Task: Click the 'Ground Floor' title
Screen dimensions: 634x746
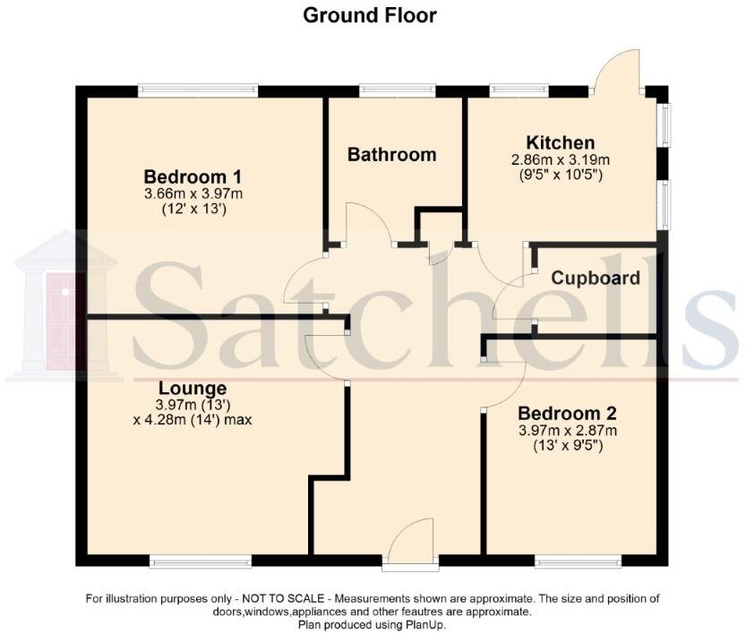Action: click(x=370, y=15)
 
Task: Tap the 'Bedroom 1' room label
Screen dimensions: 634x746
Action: click(x=193, y=176)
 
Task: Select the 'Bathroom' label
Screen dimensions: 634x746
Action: click(x=391, y=155)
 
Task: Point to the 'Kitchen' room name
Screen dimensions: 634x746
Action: click(x=560, y=143)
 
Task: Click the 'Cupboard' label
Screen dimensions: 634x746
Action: click(x=596, y=278)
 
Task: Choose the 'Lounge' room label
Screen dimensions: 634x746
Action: click(x=193, y=389)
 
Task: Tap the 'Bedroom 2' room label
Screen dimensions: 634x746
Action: click(x=568, y=414)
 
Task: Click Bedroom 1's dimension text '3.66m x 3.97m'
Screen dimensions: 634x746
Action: click(x=193, y=193)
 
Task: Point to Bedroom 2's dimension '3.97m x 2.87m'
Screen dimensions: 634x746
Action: click(x=568, y=431)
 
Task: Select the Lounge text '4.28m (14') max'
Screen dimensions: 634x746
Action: click(x=193, y=418)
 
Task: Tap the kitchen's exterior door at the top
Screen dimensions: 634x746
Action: click(x=620, y=72)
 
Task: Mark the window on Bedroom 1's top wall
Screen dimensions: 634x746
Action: click(x=198, y=90)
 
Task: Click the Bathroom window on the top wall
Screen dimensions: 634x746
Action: click(x=397, y=90)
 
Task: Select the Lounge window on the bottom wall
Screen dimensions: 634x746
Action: click(x=201, y=561)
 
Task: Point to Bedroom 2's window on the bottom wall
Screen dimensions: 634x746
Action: click(x=578, y=561)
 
